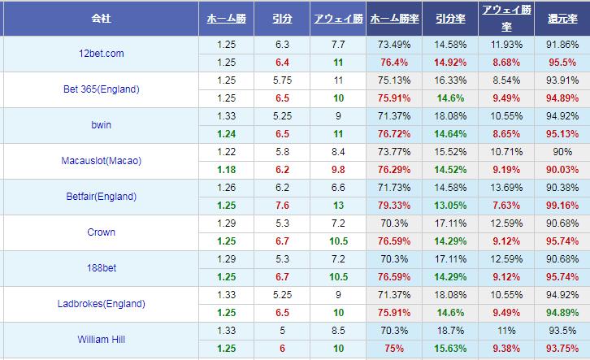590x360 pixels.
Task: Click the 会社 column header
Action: (102, 17)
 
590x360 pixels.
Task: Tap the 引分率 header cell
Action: (450, 17)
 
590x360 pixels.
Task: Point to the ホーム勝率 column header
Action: (395, 17)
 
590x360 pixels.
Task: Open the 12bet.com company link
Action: (102, 54)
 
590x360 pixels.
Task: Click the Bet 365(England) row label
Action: (102, 89)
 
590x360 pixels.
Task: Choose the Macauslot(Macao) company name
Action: (102, 161)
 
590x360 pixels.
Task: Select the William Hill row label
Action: (102, 340)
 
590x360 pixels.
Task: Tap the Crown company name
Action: (102, 232)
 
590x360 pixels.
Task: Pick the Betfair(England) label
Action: (102, 197)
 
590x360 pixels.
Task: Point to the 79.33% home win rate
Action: (395, 206)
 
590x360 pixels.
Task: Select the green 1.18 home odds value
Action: (227, 170)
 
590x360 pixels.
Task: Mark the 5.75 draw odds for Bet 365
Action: (283, 80)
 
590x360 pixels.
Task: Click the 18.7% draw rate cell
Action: (450, 331)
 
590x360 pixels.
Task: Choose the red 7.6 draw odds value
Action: (283, 206)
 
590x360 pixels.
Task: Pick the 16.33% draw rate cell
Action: (450, 80)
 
